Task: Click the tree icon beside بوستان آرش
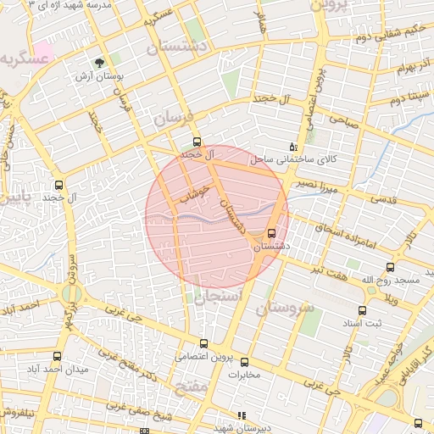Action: [x=100, y=63]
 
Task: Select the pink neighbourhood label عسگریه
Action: [x=22, y=58]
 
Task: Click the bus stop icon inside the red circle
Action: [x=271, y=233]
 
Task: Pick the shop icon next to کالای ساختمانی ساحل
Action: [x=293, y=146]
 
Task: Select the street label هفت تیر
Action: [x=328, y=269]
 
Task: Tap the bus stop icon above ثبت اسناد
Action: [x=363, y=311]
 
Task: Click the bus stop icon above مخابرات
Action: [x=244, y=362]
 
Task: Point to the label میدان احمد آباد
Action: [x=32, y=370]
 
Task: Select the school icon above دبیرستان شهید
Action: [x=242, y=416]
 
